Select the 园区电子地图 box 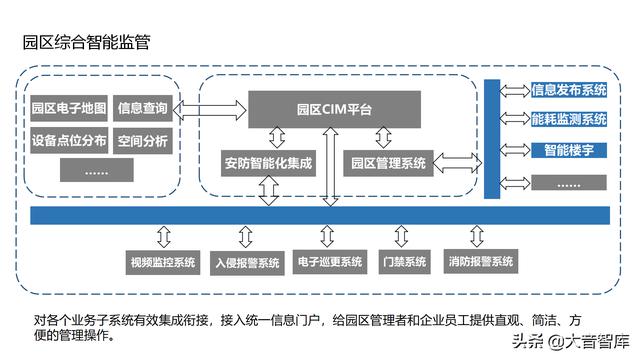69,108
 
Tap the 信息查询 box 143,108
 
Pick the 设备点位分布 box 69,140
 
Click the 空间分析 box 143,140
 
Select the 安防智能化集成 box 267,161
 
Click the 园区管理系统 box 386,161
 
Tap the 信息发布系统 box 569,90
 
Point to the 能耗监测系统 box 569,120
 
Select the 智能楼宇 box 569,151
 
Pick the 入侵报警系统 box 247,263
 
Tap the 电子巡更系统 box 329,263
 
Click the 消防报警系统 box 481,263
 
